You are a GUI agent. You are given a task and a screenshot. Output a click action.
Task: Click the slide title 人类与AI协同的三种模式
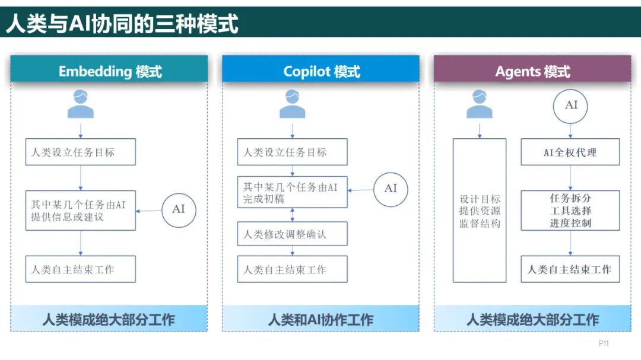[122, 24]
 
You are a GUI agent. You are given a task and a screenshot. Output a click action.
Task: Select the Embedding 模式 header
[110, 72]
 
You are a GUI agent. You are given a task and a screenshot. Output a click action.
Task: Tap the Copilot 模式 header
[321, 72]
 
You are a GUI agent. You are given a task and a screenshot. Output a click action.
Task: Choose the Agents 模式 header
[532, 72]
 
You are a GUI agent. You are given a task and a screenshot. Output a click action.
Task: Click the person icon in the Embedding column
[81, 104]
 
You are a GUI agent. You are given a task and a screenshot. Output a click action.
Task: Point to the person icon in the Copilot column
[292, 104]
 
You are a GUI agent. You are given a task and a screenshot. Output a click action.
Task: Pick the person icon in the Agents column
[479, 104]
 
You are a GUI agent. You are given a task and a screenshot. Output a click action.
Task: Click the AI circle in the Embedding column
[179, 209]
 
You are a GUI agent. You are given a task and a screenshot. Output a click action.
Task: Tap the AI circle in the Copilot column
[391, 189]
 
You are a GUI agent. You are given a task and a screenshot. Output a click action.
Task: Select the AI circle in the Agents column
[571, 106]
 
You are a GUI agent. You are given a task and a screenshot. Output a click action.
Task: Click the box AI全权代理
[570, 152]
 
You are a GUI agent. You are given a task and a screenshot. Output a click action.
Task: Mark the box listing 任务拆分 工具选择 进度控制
[570, 211]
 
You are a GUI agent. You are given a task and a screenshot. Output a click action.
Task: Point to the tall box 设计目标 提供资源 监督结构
[480, 211]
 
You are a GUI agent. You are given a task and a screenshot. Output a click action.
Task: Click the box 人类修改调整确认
[292, 234]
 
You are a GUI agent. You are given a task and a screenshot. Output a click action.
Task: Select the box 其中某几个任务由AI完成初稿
[292, 193]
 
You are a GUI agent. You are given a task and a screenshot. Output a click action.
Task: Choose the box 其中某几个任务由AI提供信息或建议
[81, 211]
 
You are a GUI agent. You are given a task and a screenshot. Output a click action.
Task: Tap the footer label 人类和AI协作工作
[320, 320]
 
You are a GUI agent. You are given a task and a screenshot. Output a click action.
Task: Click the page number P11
[604, 343]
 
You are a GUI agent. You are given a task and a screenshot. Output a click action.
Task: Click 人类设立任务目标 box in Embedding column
[81, 152]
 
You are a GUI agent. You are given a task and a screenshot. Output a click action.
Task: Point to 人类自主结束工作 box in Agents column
[570, 269]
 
